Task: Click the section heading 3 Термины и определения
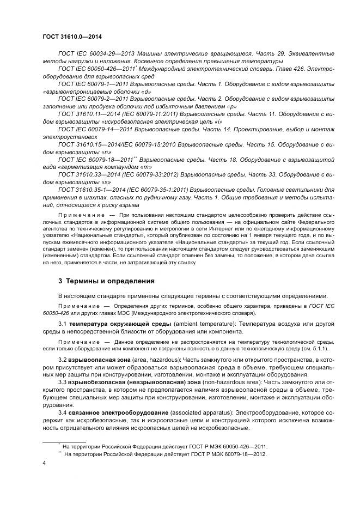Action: coord(106,281)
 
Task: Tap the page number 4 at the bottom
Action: coord(44,463)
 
